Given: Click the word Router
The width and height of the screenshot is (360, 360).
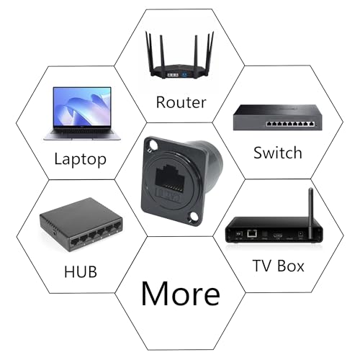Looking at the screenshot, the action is (181, 102).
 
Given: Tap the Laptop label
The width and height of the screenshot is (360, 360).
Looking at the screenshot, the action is (80, 159).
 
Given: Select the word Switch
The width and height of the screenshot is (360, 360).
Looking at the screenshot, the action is (278, 153).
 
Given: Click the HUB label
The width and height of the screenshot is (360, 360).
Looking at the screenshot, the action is (81, 271).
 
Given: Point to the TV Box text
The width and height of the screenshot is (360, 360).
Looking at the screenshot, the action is (279, 266).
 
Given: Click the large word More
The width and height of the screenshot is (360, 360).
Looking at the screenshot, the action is (181, 293).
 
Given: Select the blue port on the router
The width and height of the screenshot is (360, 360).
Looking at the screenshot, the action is (184, 75).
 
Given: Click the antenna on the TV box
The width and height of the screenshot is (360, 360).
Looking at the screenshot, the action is (311, 213).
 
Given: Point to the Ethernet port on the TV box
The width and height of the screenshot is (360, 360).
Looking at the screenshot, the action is (252, 233).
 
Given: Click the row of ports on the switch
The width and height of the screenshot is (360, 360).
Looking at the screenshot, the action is (290, 124).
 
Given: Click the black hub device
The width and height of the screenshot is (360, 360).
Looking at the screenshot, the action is (81, 225).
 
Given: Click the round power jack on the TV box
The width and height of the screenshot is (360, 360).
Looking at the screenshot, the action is (300, 234).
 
